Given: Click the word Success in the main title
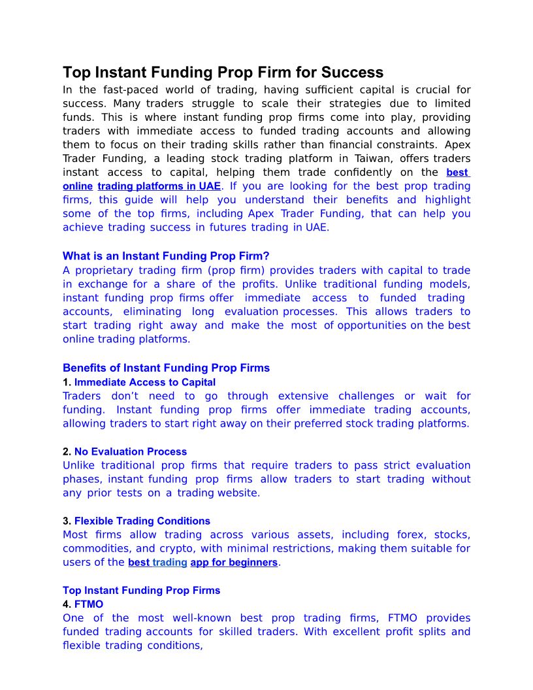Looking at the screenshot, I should pos(353,72).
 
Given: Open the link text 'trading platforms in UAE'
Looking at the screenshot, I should pos(159,186).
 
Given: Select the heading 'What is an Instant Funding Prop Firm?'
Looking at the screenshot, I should pos(166,256).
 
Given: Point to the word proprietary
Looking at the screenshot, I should pos(107,271).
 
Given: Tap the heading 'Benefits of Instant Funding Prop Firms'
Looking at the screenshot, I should pos(166,368).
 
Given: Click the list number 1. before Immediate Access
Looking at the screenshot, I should pos(67,382).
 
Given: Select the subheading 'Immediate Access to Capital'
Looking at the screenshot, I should pos(144,382).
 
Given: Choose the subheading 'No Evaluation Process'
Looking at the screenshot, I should pos(130,452).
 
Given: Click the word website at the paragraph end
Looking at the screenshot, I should pos(238,493).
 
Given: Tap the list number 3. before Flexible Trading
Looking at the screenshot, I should pos(67,521).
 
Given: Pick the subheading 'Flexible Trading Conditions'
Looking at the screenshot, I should pos(142,521).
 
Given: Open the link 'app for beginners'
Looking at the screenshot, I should pos(234,563).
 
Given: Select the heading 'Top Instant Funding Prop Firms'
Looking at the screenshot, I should pos(141,590).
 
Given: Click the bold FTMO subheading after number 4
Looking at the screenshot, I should pos(88,604).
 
